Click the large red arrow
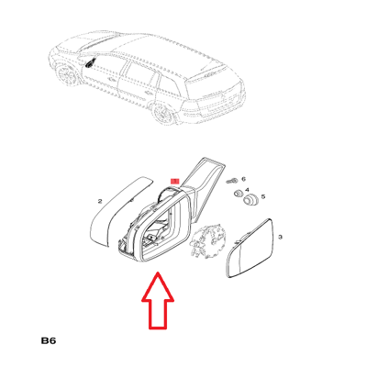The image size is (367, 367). (x=158, y=301)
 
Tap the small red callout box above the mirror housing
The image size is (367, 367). (x=175, y=182)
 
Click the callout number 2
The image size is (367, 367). (x=100, y=201)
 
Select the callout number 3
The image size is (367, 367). (x=281, y=237)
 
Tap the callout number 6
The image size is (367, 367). (x=244, y=179)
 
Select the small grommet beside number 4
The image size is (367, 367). (x=238, y=194)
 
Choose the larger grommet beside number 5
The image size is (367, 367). (x=250, y=200)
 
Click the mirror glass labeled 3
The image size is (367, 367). (x=250, y=249)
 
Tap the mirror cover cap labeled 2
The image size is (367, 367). (x=121, y=211)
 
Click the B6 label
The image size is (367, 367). (x=49, y=340)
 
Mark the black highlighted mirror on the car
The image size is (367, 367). (x=91, y=63)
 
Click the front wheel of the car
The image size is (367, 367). (x=66, y=75)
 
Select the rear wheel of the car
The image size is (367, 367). (x=165, y=115)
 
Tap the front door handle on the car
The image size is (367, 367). (x=111, y=81)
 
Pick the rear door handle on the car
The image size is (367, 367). (x=149, y=93)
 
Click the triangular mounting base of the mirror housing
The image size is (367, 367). (x=205, y=183)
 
